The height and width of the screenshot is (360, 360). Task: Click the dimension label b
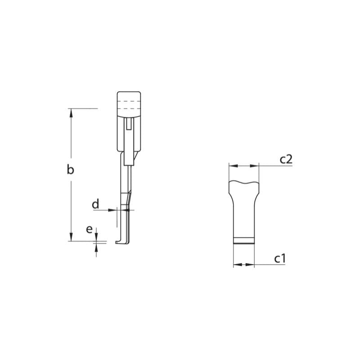(70, 170)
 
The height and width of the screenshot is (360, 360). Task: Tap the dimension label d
(95, 204)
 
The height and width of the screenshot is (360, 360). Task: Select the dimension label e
(90, 229)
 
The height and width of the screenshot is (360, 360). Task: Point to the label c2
(286, 158)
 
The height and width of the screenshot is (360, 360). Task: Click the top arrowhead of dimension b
(71, 112)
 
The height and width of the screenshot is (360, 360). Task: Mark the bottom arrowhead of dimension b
(71, 237)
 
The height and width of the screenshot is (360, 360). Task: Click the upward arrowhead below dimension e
(96, 247)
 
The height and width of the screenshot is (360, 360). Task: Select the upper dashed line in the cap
(129, 102)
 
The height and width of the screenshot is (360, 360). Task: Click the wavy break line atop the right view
(244, 182)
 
